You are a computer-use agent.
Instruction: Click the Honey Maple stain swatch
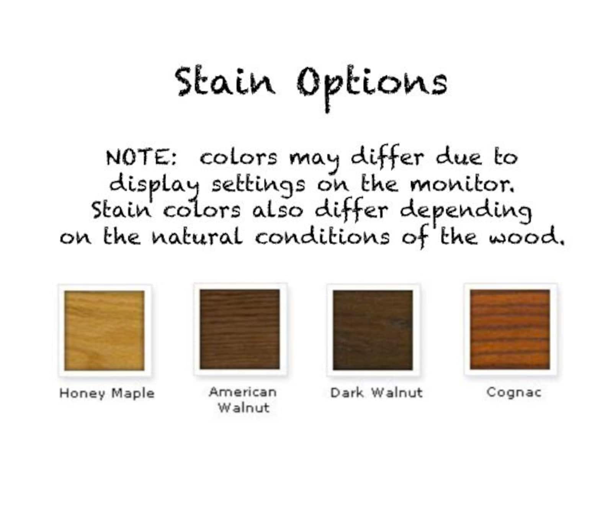pyautogui.click(x=105, y=330)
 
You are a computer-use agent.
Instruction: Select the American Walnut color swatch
pyautogui.click(x=240, y=330)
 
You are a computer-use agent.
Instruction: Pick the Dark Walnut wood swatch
pyautogui.click(x=373, y=330)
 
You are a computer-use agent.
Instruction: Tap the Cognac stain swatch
pyautogui.click(x=510, y=330)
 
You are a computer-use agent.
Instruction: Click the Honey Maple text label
pyautogui.click(x=107, y=394)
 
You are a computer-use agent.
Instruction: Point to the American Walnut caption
pyautogui.click(x=243, y=400)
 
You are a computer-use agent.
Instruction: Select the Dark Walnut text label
pyautogui.click(x=376, y=393)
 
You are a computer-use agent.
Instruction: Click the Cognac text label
pyautogui.click(x=514, y=392)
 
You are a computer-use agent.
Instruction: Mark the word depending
pyautogui.click(x=466, y=212)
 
